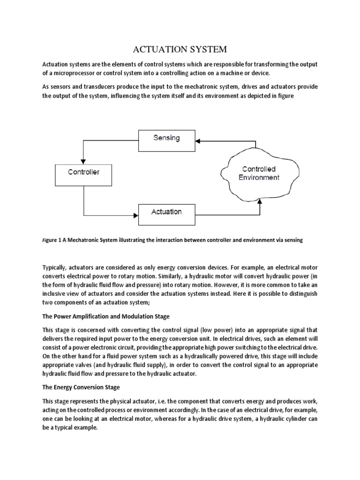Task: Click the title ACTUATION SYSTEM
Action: click(x=180, y=49)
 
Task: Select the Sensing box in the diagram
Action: click(x=166, y=138)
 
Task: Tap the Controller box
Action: click(x=84, y=172)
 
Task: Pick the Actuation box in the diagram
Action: click(x=166, y=212)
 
